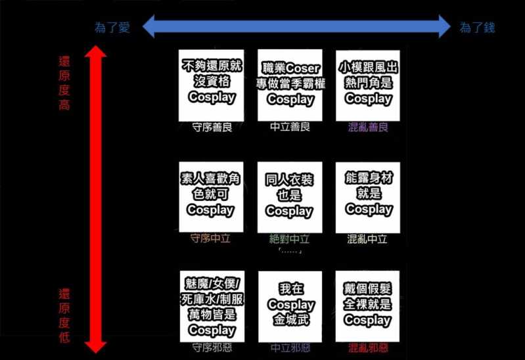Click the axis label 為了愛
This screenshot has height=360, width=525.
tap(112, 28)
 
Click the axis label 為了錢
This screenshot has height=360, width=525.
tap(477, 28)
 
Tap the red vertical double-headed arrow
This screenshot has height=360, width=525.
tap(97, 198)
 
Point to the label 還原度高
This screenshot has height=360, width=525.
tap(64, 83)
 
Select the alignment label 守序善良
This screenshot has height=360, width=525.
tap(212, 127)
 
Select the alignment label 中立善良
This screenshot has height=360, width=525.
tap(290, 127)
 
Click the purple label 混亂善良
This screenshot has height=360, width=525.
tap(368, 127)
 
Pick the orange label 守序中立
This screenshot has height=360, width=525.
tap(210, 238)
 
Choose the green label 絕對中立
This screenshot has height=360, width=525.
tap(290, 238)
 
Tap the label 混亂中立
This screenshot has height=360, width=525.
tap(368, 238)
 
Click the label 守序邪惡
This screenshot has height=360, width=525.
tap(212, 348)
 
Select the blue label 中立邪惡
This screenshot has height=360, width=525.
tap(290, 348)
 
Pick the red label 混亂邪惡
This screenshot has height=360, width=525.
tap(368, 348)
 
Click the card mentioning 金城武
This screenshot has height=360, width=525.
tap(290, 305)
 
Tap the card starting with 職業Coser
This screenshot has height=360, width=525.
tap(290, 84)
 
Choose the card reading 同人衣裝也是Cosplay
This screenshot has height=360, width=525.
tap(290, 195)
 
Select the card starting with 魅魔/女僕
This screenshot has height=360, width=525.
tap(211, 305)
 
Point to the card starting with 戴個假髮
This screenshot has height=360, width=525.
tap(368, 305)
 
